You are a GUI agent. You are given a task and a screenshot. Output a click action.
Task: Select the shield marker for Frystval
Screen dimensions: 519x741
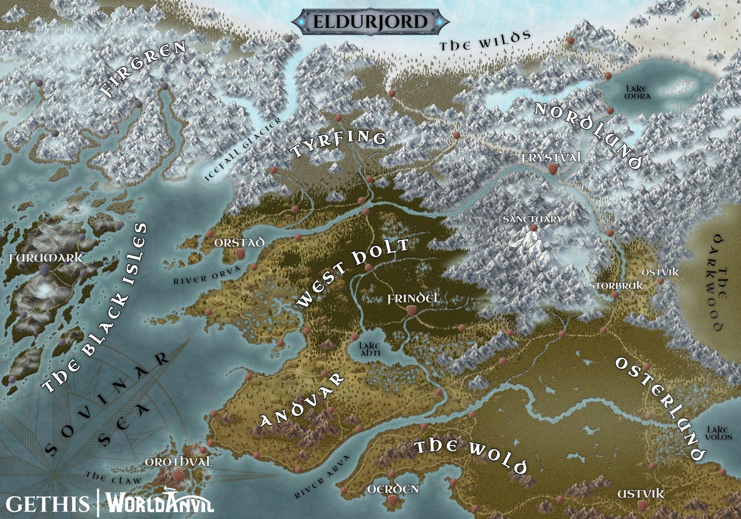(x=553, y=169)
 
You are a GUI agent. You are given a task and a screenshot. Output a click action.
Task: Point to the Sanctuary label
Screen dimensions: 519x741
(x=533, y=219)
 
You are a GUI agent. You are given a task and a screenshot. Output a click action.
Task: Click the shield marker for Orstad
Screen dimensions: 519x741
(x=240, y=254)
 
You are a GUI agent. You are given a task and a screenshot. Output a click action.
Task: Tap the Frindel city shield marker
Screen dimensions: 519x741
(x=410, y=311)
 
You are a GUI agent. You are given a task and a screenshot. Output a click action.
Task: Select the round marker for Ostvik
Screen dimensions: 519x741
(x=660, y=281)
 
